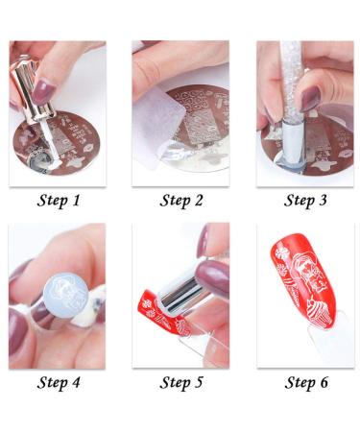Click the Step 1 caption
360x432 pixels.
coord(58,201)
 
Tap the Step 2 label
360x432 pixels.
coord(181,201)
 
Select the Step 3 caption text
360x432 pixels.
coord(305,201)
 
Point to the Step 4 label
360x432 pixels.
coord(59,382)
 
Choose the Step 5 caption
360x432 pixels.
coord(181,382)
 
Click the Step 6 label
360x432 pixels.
coord(306,382)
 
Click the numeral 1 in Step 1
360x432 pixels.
coord(76,200)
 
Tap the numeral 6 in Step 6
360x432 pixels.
coord(324,382)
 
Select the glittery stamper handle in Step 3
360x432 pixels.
coord(291,80)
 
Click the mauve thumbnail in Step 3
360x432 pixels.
coord(310,99)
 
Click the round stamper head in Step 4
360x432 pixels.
coord(66,295)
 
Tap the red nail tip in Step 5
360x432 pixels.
coord(163,315)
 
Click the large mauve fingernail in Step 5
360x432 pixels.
coord(212,277)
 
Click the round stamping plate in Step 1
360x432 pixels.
coord(57,143)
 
